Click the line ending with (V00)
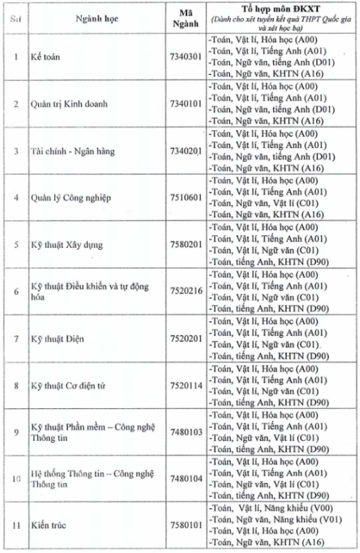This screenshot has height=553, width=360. [x=276, y=507]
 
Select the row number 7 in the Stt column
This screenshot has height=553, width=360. [x=15, y=338]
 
